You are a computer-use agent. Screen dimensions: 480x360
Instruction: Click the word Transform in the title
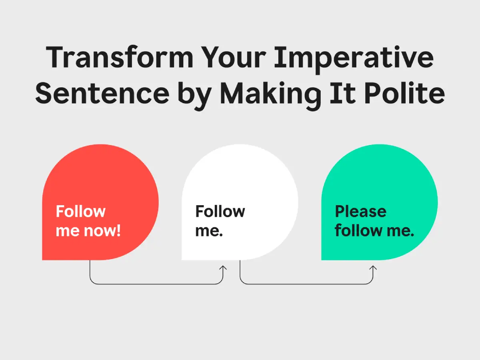point(120,57)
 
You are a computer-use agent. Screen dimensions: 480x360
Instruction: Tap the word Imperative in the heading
point(354,60)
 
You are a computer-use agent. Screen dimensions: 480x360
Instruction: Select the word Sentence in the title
point(102,94)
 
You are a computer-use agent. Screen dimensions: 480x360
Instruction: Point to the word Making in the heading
point(271,96)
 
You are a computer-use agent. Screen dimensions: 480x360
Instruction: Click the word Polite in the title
point(404,93)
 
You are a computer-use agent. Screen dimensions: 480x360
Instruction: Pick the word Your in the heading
point(234,57)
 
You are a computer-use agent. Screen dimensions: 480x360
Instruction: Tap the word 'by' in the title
point(194,96)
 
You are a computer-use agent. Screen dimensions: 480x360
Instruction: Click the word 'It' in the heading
point(343,93)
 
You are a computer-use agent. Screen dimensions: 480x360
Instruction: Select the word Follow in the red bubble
point(81,211)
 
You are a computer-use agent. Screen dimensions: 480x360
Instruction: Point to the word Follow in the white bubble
point(220,211)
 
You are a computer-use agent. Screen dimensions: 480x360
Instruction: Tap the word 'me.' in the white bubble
point(209,231)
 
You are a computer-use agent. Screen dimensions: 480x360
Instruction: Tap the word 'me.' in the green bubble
point(400,231)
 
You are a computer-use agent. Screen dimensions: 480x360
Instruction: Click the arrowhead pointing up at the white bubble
point(223,268)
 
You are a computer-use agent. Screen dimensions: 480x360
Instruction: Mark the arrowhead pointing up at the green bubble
point(373,268)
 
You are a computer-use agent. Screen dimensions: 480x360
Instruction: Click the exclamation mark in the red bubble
point(118,230)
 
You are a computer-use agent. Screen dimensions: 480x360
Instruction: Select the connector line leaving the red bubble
point(156,284)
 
